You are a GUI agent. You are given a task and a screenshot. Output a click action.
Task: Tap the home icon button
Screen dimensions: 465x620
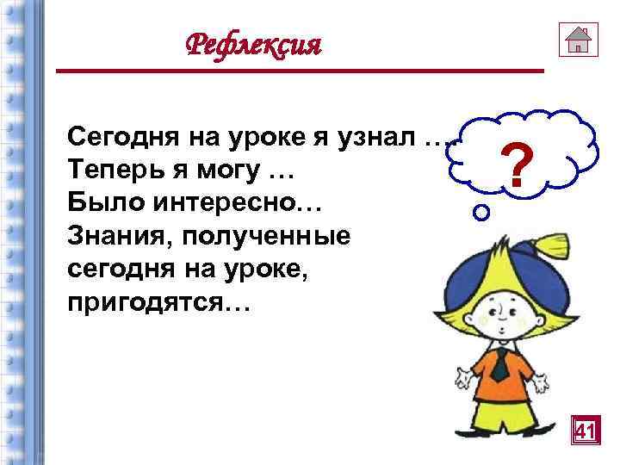pos(578,39)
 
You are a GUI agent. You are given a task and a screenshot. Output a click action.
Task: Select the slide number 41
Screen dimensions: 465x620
pos(586,429)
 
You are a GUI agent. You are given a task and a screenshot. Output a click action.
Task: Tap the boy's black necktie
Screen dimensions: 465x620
pos(499,367)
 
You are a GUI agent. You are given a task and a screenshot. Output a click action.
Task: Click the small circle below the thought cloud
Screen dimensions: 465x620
pos(483,209)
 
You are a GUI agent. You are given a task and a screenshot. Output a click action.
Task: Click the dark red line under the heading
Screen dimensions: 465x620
pos(301,71)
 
